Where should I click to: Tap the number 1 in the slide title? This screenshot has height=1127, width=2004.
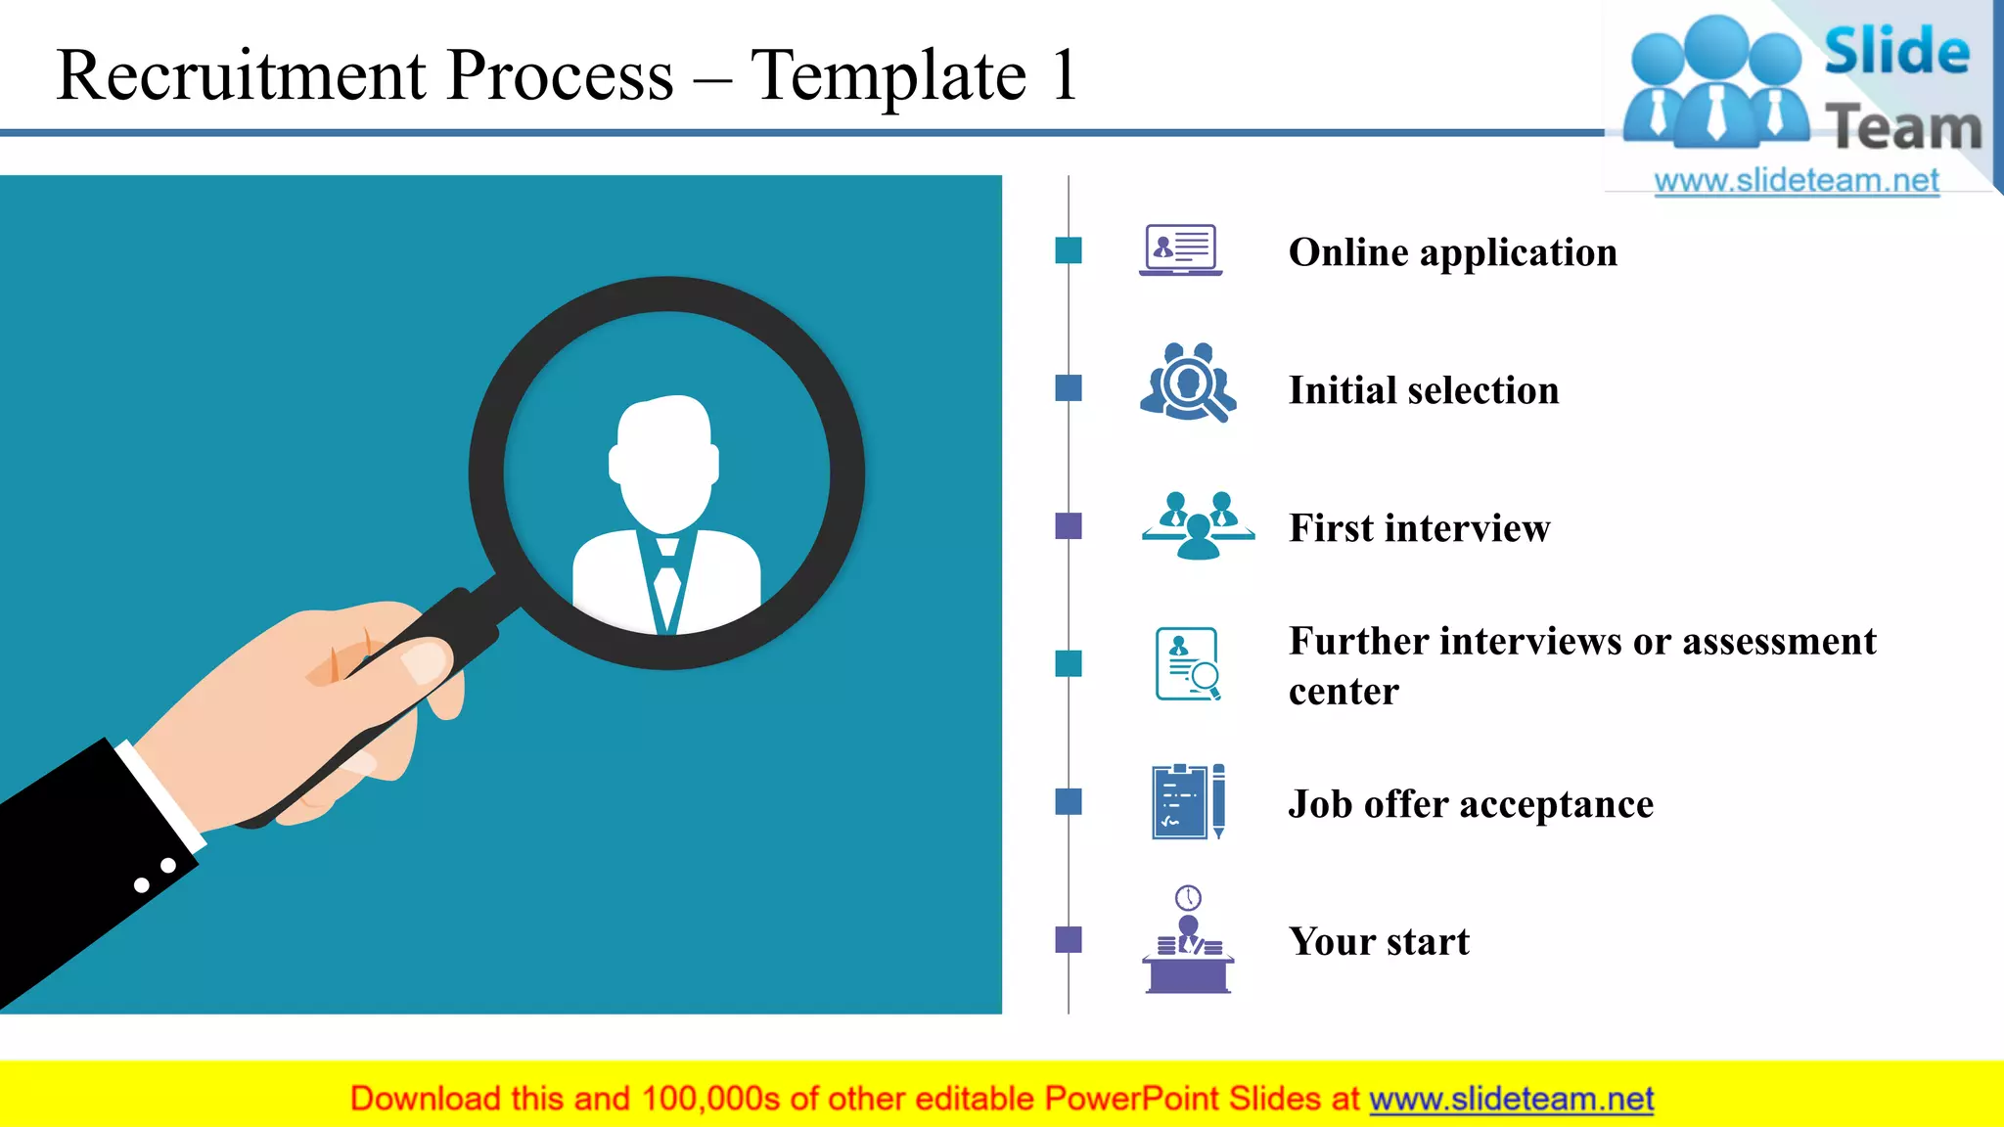coord(1064,75)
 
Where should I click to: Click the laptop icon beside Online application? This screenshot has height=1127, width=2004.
coord(1181,250)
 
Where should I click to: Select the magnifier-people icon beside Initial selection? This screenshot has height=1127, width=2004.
coord(1188,383)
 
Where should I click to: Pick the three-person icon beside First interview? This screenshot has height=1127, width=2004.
coord(1198,526)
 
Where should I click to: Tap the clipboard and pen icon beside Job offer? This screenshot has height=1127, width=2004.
coord(1188,801)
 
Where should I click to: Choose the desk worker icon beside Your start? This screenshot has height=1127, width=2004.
coord(1188,941)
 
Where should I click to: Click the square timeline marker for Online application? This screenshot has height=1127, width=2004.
coord(1069,250)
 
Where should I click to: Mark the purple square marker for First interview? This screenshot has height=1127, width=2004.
coord(1069,526)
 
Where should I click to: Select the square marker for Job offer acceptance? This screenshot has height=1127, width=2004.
coord(1069,802)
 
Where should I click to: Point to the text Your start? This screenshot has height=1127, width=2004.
coord(1379,941)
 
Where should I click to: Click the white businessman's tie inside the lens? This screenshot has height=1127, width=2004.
coord(667,587)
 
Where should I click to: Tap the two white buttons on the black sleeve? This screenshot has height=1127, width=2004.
coord(155,876)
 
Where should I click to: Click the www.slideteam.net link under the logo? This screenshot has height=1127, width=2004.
coord(1797,181)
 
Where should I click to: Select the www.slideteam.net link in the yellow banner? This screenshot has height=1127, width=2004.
coord(1511,1099)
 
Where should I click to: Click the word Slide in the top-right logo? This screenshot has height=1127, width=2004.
coord(1896,52)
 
